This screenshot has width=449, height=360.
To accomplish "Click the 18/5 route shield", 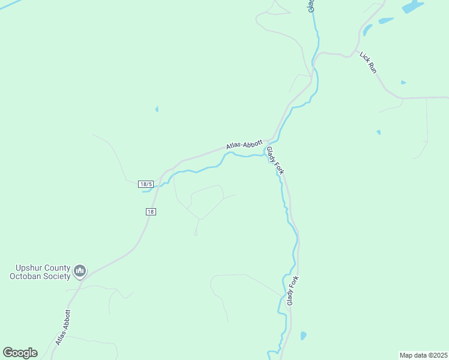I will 146,184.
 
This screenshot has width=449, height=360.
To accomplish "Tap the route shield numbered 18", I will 151,212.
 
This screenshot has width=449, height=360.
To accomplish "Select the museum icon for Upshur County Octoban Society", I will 80,272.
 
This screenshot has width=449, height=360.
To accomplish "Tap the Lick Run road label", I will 368,63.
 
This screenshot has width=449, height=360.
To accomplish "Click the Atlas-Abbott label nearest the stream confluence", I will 244,145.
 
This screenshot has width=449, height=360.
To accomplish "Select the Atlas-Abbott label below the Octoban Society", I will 63,327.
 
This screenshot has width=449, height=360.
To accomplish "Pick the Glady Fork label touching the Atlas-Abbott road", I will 275,161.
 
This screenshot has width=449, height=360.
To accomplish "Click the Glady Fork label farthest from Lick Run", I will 292,290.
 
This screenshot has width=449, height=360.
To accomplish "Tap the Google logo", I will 20,353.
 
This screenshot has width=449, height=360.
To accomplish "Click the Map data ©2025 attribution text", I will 423,355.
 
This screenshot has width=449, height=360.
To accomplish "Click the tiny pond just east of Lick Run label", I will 403,82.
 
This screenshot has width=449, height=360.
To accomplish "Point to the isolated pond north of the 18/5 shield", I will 157,109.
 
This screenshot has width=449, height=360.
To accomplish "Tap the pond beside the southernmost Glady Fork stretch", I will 303,335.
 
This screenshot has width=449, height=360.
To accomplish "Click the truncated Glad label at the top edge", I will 311,5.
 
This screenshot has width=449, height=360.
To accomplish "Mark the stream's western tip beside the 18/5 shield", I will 144,191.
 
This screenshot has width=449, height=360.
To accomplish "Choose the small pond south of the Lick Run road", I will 378,132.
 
